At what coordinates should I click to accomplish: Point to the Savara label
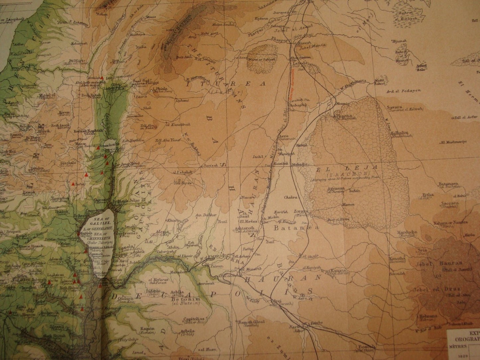[394, 107]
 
